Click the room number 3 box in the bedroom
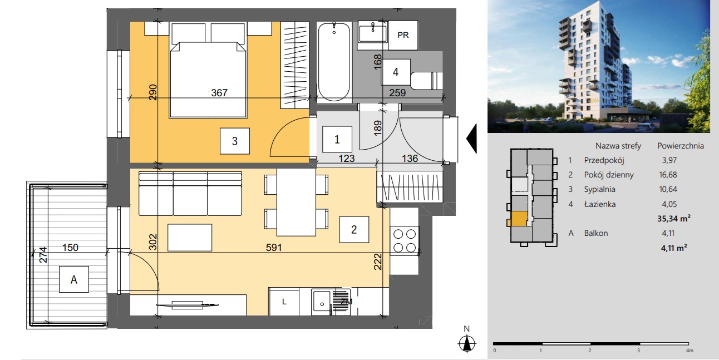coord(235,141)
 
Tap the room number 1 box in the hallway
coord(337,139)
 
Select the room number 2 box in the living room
coord(354,229)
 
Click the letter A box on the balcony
coord(74,279)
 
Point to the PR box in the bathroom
coord(403,35)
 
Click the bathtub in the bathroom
coord(334,62)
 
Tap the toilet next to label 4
coord(426,81)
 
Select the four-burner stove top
coord(405,240)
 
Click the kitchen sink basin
coord(322,303)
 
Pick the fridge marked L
coord(284,302)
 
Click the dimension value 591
coord(274,248)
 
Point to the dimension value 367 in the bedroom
coord(219,93)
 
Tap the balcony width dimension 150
coord(70,248)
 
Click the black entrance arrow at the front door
coord(471,139)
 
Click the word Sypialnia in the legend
coord(599,189)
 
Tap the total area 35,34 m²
coord(674,219)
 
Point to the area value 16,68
coord(668,175)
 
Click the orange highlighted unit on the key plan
coord(519,219)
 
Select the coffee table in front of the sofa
coord(190,238)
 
